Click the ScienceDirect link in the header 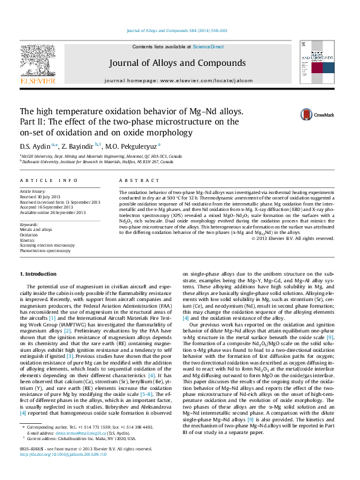[208, 47]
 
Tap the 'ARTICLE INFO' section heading [48, 181]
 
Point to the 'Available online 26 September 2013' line [53, 212]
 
